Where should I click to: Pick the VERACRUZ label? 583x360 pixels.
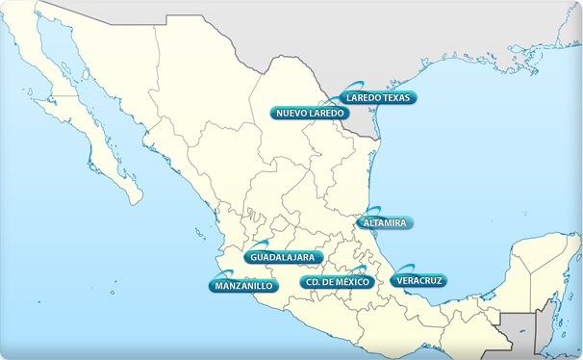(x=418, y=281)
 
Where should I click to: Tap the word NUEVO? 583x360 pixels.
(x=290, y=114)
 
